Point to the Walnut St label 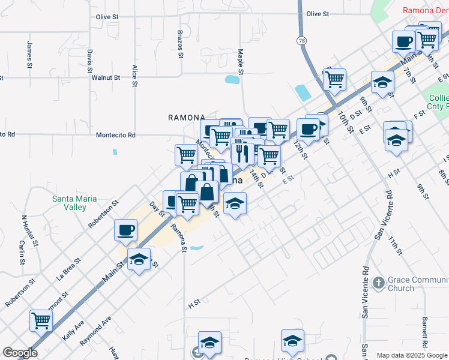coord(106,78)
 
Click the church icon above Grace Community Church coord(378,282)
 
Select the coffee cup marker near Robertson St coord(126,230)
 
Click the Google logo coord(20,353)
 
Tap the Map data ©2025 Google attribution coord(412,355)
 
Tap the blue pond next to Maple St coord(232,79)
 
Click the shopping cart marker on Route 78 coord(334,79)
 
